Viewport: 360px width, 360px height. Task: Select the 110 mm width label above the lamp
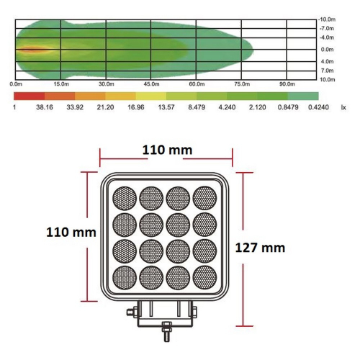(x=166, y=150)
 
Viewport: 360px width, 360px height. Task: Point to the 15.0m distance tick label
(x=61, y=85)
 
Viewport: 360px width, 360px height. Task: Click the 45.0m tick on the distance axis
(x=151, y=85)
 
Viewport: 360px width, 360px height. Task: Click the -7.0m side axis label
(x=326, y=28)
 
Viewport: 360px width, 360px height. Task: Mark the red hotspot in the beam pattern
(x=30, y=50)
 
